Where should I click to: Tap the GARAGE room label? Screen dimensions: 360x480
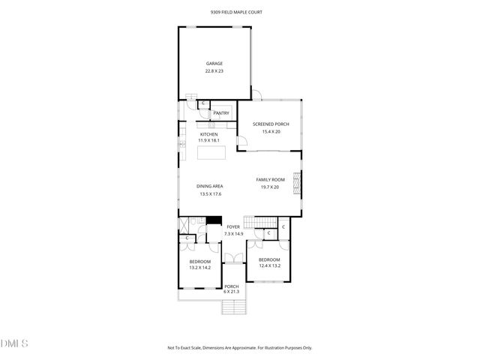(x=214, y=63)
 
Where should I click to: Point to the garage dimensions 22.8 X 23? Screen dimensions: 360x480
(x=214, y=71)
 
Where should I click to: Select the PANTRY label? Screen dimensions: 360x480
(x=221, y=113)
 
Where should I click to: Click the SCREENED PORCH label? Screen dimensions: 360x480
(x=270, y=124)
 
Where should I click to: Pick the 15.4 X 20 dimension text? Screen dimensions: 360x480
(x=270, y=132)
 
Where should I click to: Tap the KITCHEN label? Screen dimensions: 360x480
(x=208, y=134)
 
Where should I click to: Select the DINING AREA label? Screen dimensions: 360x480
(x=210, y=186)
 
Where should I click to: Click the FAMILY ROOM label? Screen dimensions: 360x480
(x=269, y=180)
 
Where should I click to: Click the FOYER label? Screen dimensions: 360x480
(x=233, y=226)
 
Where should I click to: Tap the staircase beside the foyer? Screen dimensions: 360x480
(x=262, y=220)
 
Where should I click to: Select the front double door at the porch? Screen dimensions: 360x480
(x=233, y=259)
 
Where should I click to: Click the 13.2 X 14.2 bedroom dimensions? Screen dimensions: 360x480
(x=199, y=268)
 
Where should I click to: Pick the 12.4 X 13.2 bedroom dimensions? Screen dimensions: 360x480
(x=269, y=265)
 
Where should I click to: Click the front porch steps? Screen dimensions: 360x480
(x=233, y=306)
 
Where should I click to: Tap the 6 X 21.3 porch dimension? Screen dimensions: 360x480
(x=232, y=292)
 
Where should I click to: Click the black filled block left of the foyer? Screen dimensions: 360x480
(x=214, y=220)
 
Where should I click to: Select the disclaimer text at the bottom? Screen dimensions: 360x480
(x=240, y=347)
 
